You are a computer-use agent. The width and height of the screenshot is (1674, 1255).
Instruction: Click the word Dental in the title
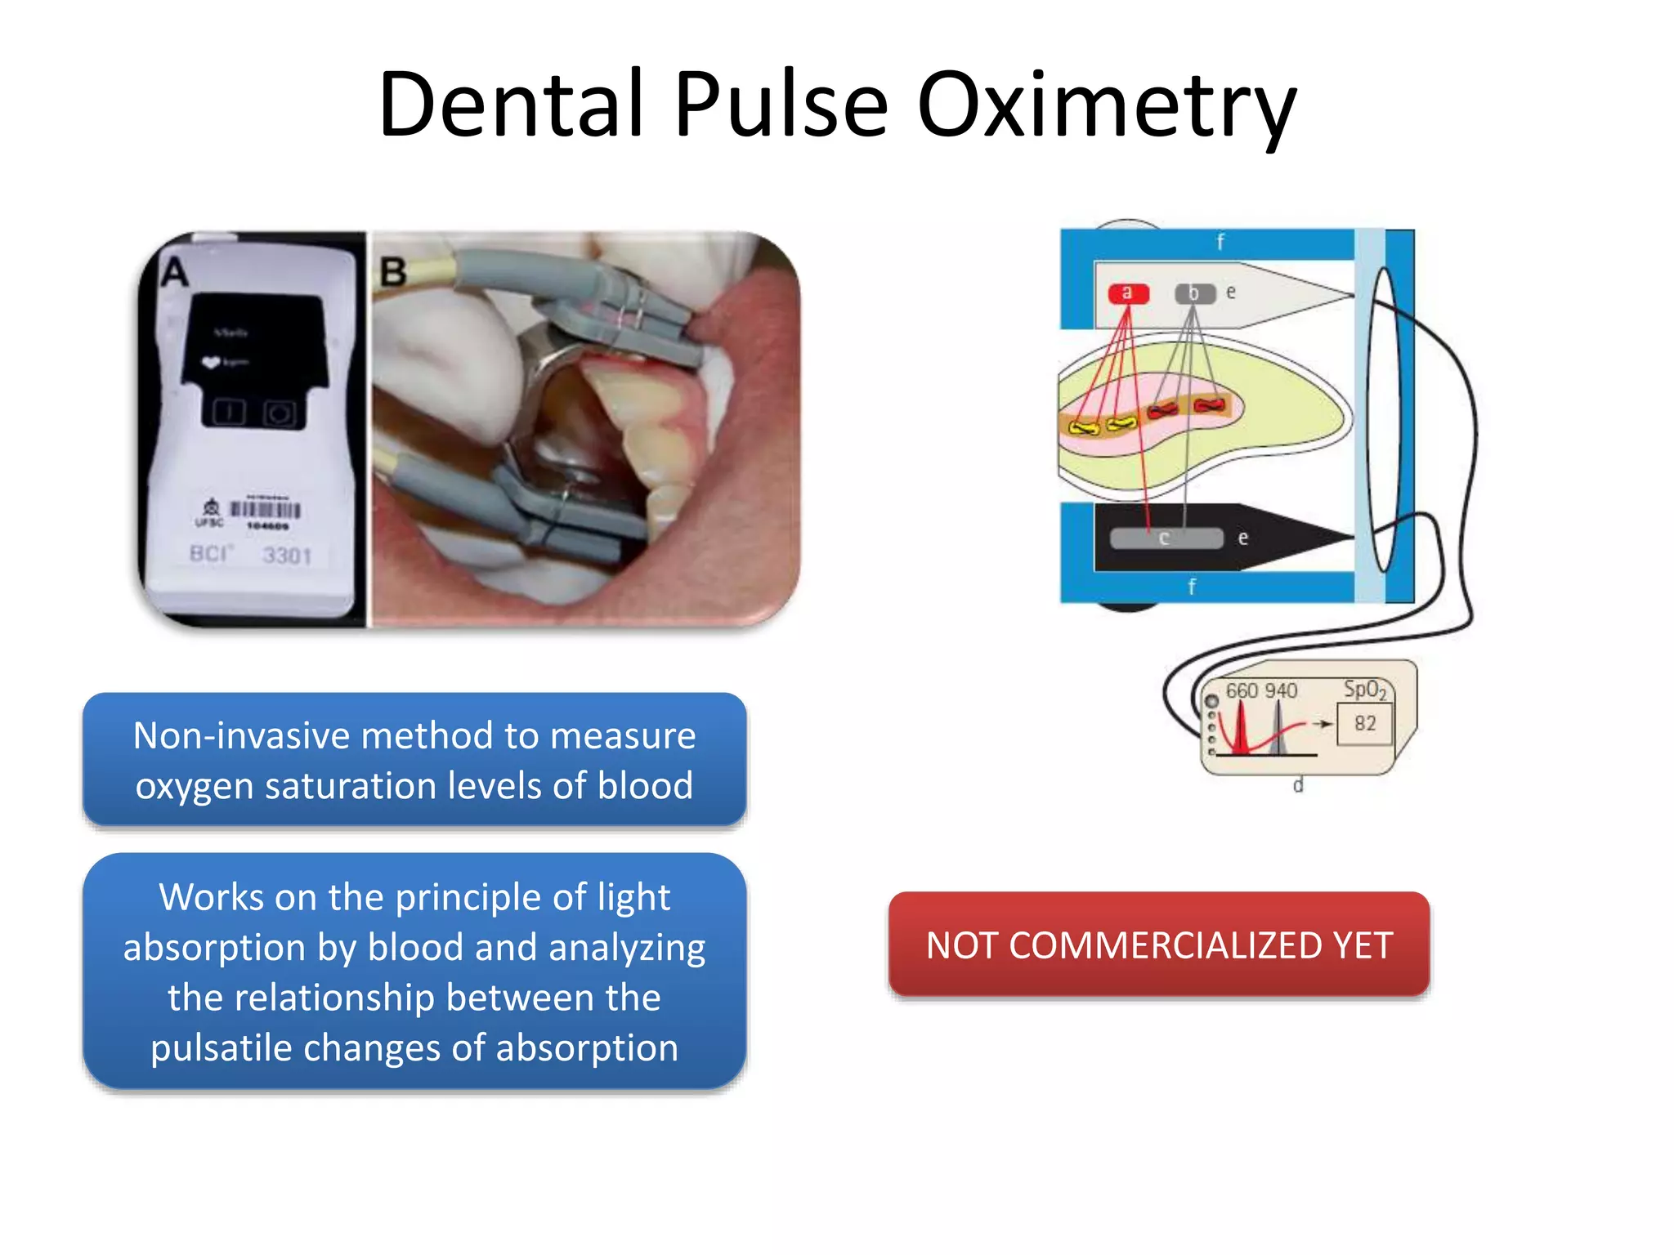pos(512,105)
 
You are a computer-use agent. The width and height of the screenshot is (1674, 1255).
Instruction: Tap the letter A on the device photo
pos(174,272)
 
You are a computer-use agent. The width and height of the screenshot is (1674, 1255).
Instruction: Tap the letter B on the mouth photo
pos(393,272)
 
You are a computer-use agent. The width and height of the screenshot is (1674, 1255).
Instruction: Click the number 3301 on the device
pos(287,556)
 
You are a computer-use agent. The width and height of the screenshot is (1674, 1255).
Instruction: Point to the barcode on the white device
pos(265,510)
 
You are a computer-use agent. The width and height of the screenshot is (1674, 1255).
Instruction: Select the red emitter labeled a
pos(1128,293)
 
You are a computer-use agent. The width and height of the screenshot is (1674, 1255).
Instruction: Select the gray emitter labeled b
pos(1194,293)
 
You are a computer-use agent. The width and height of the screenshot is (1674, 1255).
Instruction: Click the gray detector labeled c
pos(1166,538)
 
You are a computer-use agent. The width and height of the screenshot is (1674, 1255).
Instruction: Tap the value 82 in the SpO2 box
pos(1364,723)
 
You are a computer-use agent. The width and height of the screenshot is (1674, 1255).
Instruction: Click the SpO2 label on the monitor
pos(1364,690)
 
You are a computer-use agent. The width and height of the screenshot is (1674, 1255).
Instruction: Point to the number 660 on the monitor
pos(1241,691)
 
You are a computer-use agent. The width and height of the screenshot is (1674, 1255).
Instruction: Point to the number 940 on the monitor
pos(1279,691)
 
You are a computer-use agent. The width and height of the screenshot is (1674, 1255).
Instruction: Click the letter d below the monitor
pos(1297,786)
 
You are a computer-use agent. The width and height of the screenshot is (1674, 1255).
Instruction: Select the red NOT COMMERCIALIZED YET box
pos(1158,945)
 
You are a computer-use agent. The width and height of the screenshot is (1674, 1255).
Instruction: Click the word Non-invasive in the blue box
pos(241,735)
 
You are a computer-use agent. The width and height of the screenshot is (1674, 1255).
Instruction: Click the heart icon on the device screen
pos(211,362)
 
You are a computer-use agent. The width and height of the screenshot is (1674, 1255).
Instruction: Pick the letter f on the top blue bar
pos(1220,242)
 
